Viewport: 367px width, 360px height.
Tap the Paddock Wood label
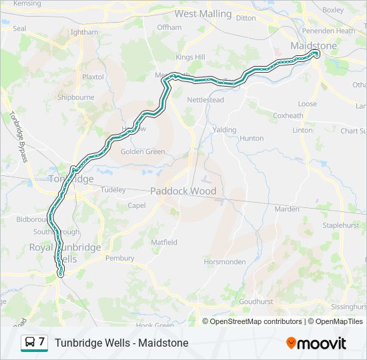click(x=183, y=191)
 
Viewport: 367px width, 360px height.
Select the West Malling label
click(x=203, y=13)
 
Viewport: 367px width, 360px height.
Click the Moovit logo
click(x=316, y=343)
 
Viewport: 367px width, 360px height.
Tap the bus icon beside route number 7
click(x=29, y=343)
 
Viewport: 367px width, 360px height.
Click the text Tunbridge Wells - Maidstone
click(x=121, y=343)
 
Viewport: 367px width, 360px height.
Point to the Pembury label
click(x=119, y=258)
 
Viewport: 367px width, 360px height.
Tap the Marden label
click(x=287, y=209)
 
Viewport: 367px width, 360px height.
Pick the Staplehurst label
click(x=342, y=226)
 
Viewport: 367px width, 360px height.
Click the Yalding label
click(x=224, y=129)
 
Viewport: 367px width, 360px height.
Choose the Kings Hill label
click(x=190, y=57)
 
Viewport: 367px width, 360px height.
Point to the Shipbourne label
click(x=75, y=97)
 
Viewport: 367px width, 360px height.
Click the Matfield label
click(x=163, y=242)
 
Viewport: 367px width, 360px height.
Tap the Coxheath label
click(x=288, y=115)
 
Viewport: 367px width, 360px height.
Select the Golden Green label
click(x=142, y=151)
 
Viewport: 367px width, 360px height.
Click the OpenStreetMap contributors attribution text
click(x=256, y=321)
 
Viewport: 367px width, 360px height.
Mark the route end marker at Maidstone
click(x=316, y=56)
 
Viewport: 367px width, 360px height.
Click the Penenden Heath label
click(x=329, y=31)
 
